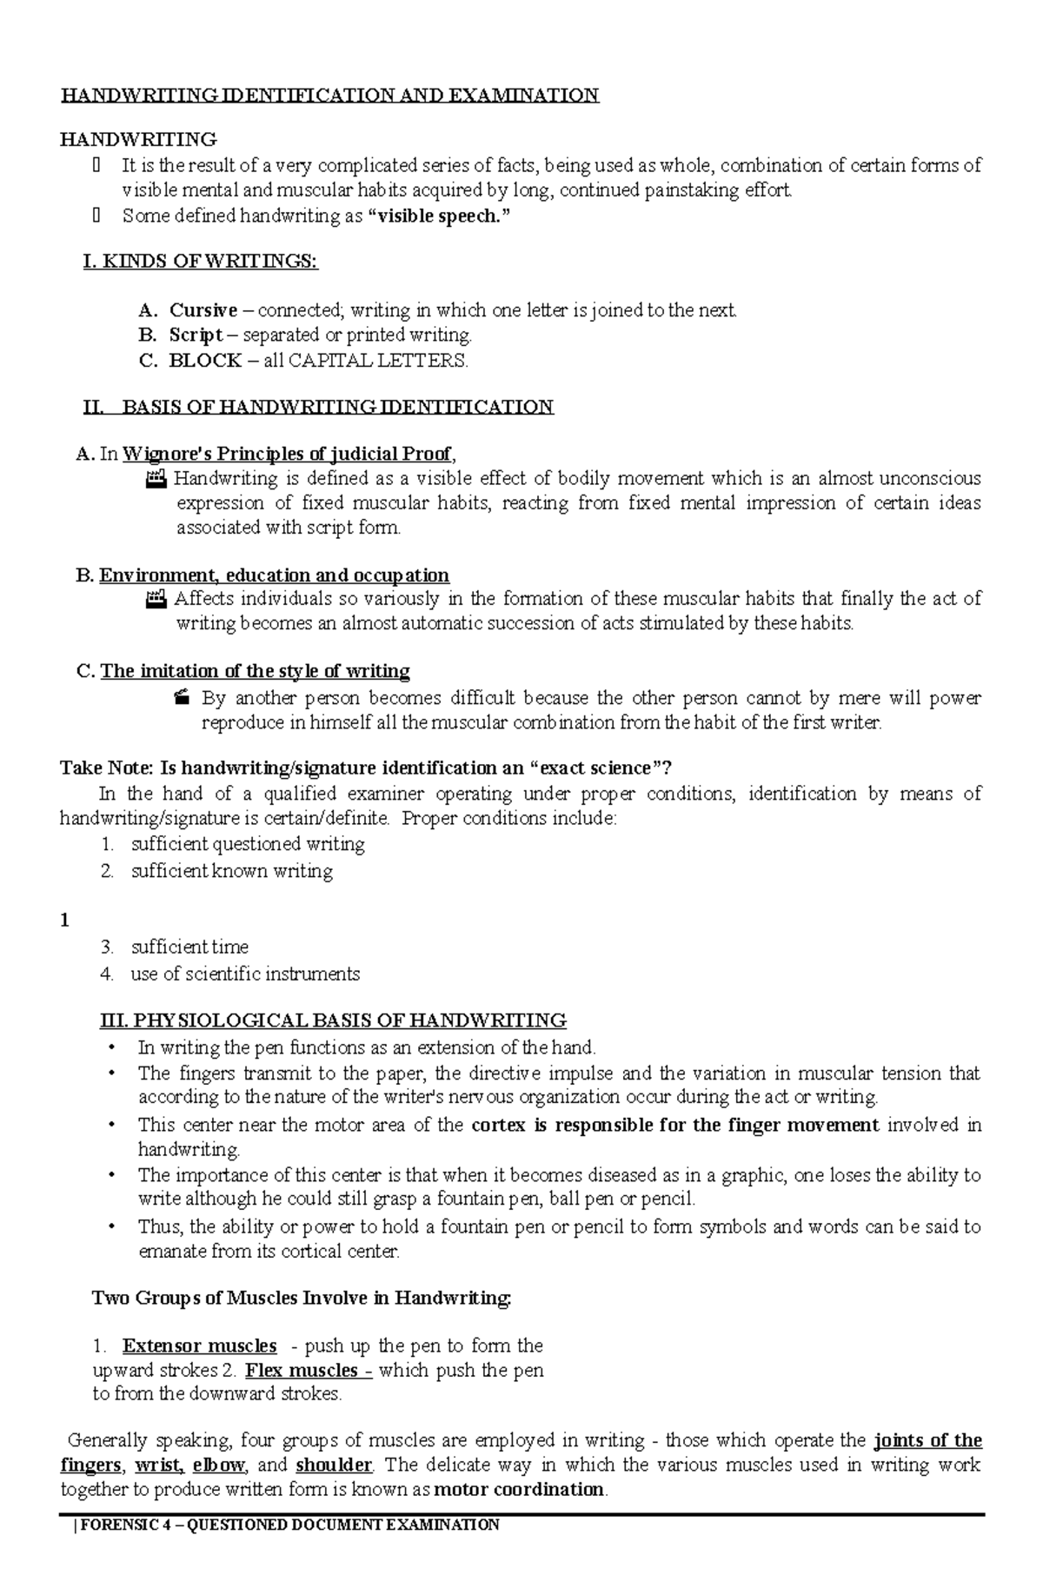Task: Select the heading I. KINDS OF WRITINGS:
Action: pos(200,262)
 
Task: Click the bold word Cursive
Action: pos(203,310)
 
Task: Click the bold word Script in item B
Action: pos(196,336)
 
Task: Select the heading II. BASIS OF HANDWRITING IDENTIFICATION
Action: pos(317,407)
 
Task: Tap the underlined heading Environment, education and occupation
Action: pos(274,575)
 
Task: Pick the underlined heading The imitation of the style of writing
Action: pos(256,671)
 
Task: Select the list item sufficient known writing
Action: pos(232,871)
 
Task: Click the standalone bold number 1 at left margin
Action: pos(64,920)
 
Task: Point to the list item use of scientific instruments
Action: pos(245,974)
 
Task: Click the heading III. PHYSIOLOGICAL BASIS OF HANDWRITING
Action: pos(334,1020)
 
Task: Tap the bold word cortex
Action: pos(498,1125)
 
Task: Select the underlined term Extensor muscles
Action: pos(199,1346)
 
